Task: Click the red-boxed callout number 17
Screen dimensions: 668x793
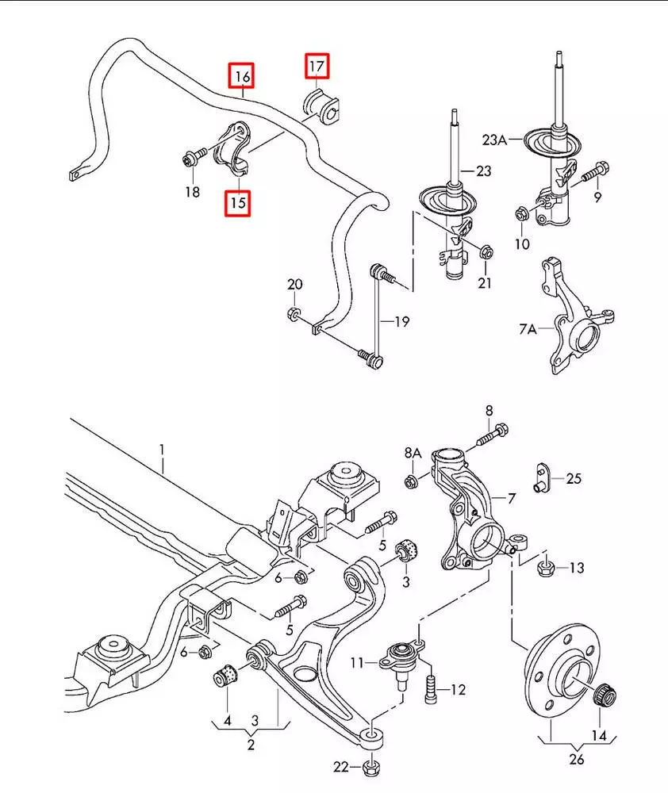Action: (317, 67)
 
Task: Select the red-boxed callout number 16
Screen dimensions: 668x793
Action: (241, 76)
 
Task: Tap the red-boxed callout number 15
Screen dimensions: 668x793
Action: (238, 203)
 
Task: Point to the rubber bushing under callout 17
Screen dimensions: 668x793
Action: (321, 107)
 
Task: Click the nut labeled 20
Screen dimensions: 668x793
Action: (293, 314)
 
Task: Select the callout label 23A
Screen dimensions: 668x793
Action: (494, 140)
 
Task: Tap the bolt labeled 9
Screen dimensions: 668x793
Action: (596, 171)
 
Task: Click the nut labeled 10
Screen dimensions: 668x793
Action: (522, 214)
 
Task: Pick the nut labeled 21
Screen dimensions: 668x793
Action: (486, 252)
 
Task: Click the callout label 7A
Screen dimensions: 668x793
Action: (528, 329)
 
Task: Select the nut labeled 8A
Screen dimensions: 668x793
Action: (412, 481)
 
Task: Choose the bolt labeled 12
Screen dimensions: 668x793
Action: (431, 689)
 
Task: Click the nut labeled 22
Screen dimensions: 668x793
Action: (371, 768)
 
